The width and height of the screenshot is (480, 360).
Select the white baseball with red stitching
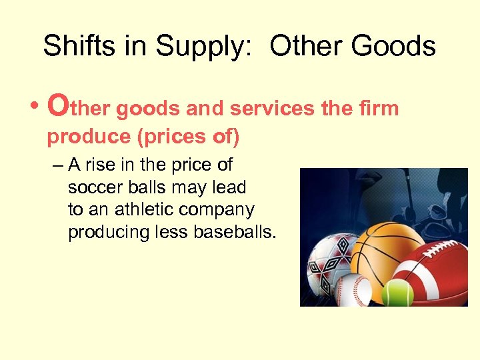click(x=351, y=289)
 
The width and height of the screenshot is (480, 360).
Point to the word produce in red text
click(x=87, y=137)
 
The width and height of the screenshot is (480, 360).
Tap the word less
click(x=173, y=232)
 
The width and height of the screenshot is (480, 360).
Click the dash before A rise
click(x=57, y=165)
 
